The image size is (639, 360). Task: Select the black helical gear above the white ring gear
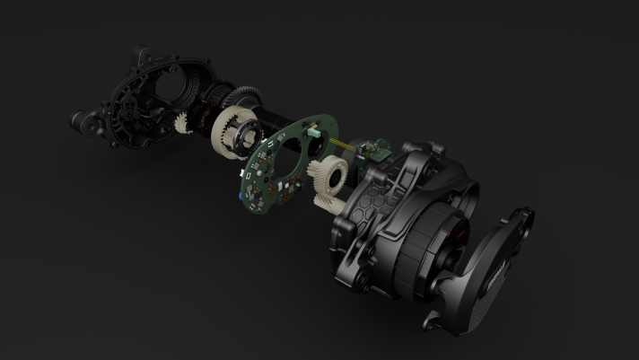234,96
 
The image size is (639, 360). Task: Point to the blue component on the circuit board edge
241,190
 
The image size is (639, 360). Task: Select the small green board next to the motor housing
372,148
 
